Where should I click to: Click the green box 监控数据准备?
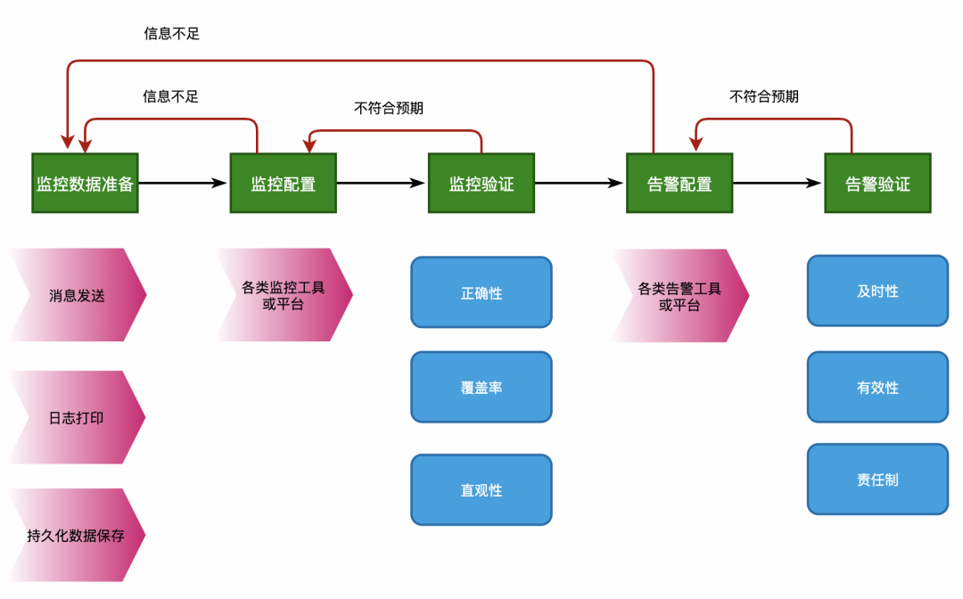(x=85, y=184)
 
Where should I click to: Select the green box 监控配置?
(x=283, y=184)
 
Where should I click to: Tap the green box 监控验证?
(x=481, y=184)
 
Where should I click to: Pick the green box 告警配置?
(x=679, y=184)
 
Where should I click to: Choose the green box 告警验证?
(x=877, y=184)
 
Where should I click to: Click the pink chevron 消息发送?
(x=77, y=295)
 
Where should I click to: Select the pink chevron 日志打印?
(x=77, y=417)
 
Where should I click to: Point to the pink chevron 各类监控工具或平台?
(x=283, y=295)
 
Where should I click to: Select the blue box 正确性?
(x=481, y=292)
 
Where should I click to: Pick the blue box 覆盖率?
(x=481, y=387)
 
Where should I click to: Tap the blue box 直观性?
(x=481, y=490)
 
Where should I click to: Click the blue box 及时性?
(x=877, y=291)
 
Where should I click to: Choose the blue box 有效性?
(x=877, y=387)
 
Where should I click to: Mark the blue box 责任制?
(x=877, y=480)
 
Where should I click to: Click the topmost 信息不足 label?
(x=172, y=34)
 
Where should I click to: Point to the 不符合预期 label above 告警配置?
(x=764, y=96)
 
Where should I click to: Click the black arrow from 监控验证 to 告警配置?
(x=580, y=183)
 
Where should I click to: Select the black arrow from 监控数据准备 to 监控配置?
(x=184, y=183)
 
